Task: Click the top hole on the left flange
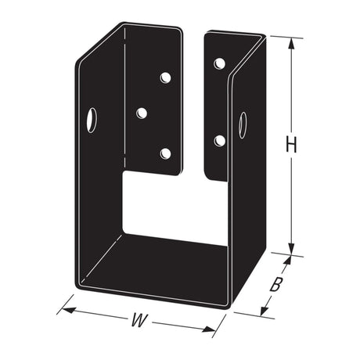click(165, 77)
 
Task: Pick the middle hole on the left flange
click(142, 113)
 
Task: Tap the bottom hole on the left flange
click(165, 153)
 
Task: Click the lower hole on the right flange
click(219, 141)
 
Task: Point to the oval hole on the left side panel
click(92, 120)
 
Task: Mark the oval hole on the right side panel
click(243, 124)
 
